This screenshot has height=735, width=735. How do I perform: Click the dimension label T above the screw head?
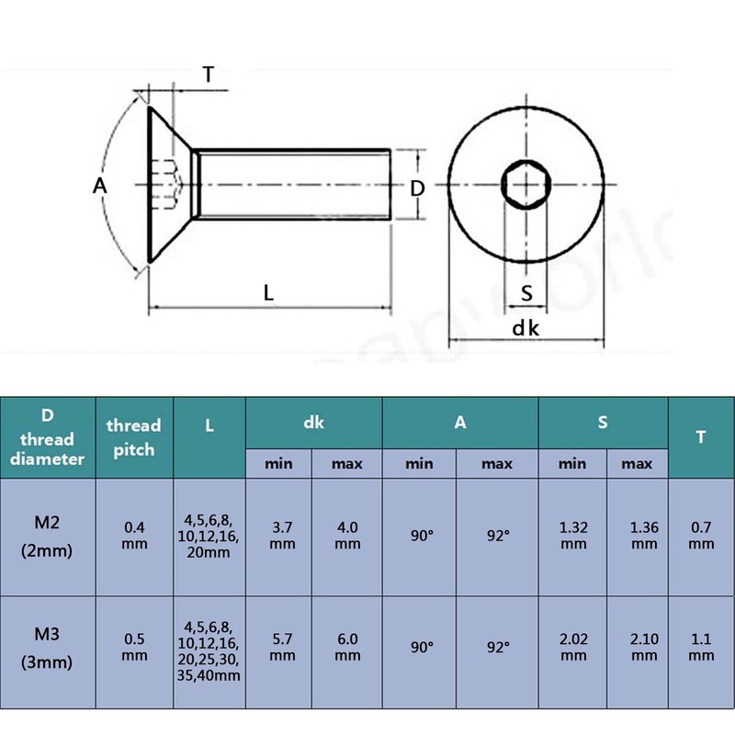(x=209, y=74)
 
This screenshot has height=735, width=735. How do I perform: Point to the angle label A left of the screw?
(x=99, y=187)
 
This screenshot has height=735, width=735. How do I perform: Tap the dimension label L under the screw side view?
(x=268, y=293)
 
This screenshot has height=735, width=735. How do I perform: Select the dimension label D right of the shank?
(x=417, y=188)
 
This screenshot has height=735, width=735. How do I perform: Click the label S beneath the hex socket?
(x=526, y=293)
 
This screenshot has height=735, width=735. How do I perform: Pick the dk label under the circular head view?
(x=526, y=328)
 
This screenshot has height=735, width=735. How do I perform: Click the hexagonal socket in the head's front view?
(x=526, y=185)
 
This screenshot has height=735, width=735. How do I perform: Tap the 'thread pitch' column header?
(x=134, y=437)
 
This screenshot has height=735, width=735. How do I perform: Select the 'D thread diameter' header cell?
(x=48, y=437)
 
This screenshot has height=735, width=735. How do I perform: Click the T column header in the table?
(x=701, y=437)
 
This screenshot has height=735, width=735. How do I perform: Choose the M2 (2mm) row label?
(x=47, y=537)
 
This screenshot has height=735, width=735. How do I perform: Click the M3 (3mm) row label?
(x=47, y=648)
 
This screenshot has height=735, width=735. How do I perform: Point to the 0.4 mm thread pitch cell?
(x=134, y=536)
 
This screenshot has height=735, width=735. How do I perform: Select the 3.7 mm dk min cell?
(x=282, y=536)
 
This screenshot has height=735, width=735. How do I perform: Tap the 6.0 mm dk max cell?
(x=347, y=648)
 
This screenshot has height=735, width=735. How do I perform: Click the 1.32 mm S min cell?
(x=573, y=536)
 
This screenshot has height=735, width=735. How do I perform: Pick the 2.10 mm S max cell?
(x=644, y=648)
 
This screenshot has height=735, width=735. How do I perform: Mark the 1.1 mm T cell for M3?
(x=701, y=648)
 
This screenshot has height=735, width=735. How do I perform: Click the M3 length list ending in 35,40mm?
(x=209, y=651)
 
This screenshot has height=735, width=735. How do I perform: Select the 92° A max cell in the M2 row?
(x=497, y=536)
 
